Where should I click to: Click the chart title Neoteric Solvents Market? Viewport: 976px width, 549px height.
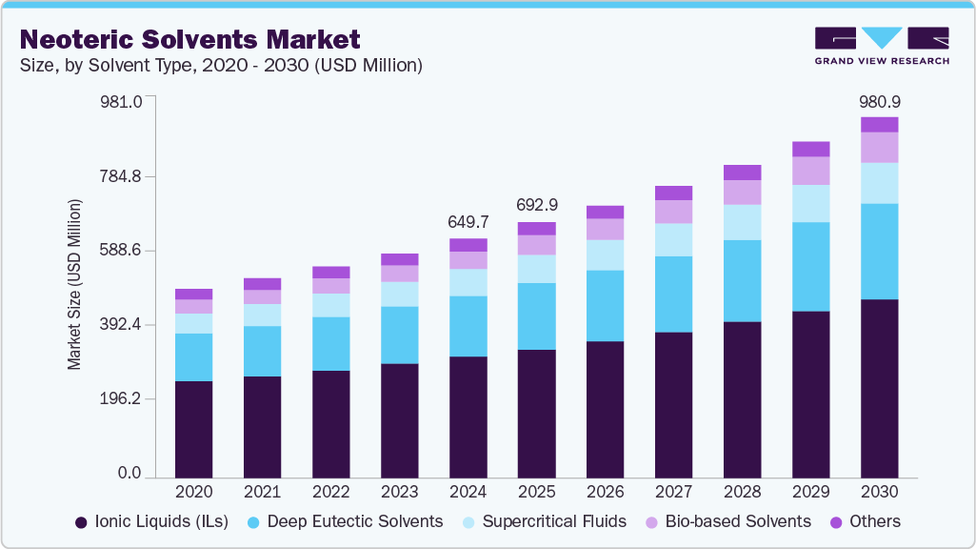click(190, 39)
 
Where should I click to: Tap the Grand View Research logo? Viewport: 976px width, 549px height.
click(881, 45)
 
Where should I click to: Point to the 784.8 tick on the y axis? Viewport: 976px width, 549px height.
click(122, 176)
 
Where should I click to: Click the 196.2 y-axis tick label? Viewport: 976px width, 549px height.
click(122, 398)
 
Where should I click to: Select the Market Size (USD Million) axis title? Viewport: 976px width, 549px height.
click(74, 285)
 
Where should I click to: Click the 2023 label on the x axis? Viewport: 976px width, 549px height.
click(400, 492)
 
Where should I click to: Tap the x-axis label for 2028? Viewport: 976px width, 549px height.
click(742, 492)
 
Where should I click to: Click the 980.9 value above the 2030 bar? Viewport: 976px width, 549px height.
click(879, 101)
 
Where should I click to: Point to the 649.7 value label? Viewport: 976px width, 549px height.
click(468, 222)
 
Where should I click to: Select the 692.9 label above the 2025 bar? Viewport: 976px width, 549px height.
click(536, 205)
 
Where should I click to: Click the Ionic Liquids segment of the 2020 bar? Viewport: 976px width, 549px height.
click(194, 429)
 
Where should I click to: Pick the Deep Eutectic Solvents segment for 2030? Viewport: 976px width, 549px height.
click(879, 252)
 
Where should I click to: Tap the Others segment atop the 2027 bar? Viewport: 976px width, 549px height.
click(673, 193)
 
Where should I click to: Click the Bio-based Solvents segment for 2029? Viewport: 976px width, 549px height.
click(810, 171)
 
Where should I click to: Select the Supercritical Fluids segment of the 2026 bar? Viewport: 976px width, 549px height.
click(605, 254)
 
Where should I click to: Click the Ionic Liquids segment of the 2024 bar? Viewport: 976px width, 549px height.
click(468, 417)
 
